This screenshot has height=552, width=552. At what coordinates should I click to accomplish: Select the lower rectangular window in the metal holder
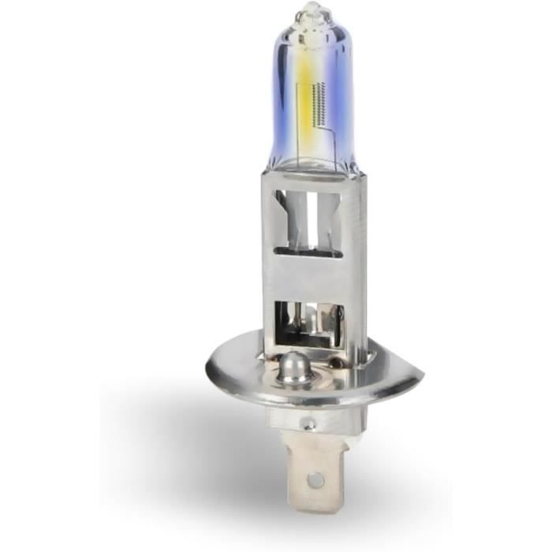[308, 315]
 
